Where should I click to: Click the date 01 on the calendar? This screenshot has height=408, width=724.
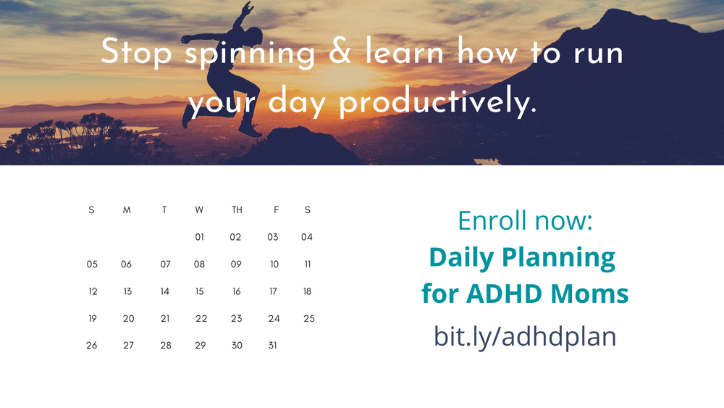pyautogui.click(x=200, y=237)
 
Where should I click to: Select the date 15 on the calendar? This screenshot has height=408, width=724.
pyautogui.click(x=200, y=291)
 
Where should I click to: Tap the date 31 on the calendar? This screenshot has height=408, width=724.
pyautogui.click(x=272, y=346)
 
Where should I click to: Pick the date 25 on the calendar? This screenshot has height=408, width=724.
pyautogui.click(x=309, y=318)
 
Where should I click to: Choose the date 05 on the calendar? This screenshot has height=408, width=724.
pyautogui.click(x=92, y=265)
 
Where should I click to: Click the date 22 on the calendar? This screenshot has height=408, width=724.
pyautogui.click(x=201, y=318)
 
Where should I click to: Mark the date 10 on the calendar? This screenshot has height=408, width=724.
pyautogui.click(x=274, y=265)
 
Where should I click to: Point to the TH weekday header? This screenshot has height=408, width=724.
pyautogui.click(x=237, y=210)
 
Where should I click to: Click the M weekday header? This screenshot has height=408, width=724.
pyautogui.click(x=127, y=210)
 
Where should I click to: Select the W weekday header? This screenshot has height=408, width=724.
pyautogui.click(x=199, y=210)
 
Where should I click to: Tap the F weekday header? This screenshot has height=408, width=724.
pyautogui.click(x=276, y=210)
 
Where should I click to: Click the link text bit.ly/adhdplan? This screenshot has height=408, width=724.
pyautogui.click(x=525, y=336)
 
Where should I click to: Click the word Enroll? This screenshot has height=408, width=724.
pyautogui.click(x=492, y=220)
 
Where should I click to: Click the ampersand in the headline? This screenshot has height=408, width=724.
pyautogui.click(x=341, y=54)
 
